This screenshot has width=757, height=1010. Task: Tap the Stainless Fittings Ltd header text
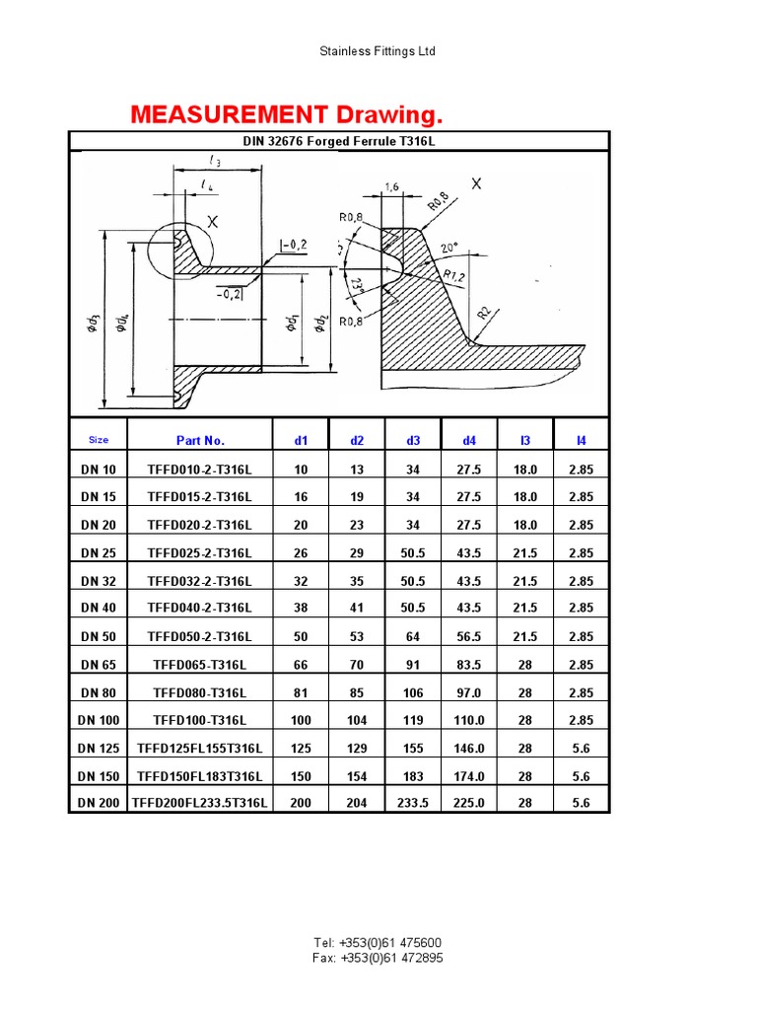coord(378,51)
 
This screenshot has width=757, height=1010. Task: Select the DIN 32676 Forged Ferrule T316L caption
coord(339,141)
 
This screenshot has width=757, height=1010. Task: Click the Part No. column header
coord(200,440)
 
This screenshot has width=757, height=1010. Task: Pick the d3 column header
coord(413,440)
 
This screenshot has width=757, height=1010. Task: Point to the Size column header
coord(99,440)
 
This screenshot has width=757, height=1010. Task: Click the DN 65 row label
coord(99,665)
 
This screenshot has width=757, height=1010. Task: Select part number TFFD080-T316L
coord(200,692)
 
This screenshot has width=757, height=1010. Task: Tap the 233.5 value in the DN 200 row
coord(413,803)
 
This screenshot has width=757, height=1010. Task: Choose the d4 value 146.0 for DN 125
coord(469,748)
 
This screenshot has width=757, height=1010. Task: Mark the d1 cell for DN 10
coord(301,470)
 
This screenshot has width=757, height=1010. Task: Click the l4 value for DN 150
coord(581,775)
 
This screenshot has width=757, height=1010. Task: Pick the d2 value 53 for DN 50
coord(357,637)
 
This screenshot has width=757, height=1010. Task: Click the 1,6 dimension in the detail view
coord(391,185)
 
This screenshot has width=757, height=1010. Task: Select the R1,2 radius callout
coord(454,276)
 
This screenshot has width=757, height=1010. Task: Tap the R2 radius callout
coord(484,313)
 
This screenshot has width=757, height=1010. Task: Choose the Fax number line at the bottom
coord(378,958)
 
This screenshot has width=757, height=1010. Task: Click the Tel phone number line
coord(378,943)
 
